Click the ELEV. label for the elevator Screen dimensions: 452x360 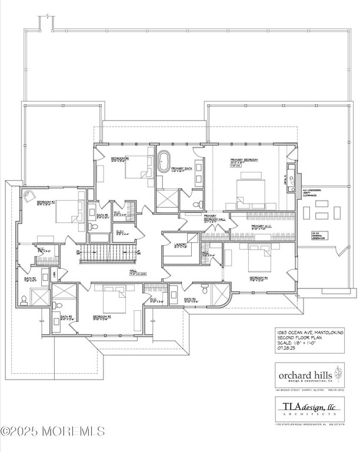click(120, 232)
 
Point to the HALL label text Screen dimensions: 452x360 click(134, 271)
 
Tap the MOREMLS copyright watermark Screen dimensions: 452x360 click(53, 432)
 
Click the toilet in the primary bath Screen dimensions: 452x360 click(201, 204)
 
